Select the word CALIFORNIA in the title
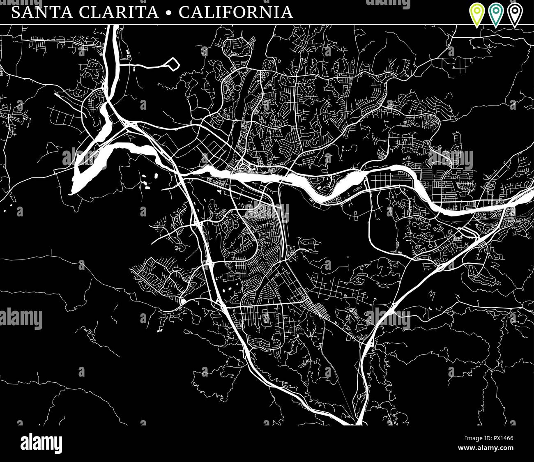[x=236, y=12]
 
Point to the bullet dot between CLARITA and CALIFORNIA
[x=168, y=13]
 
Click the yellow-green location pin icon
[x=477, y=13]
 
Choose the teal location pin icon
[x=496, y=13]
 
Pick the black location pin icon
[x=514, y=13]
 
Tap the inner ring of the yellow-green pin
[x=477, y=9]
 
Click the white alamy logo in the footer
[x=41, y=444]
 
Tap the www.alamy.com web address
[x=486, y=448]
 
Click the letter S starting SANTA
[x=16, y=12]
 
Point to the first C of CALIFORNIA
[x=183, y=12]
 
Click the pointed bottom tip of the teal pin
[x=496, y=27]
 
